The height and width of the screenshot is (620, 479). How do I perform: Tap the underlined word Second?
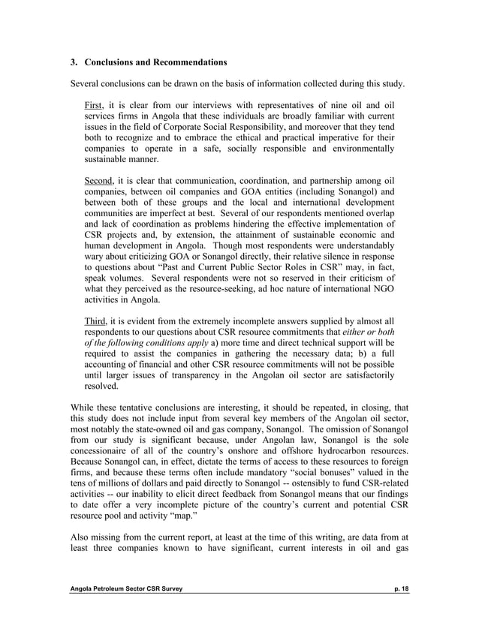[99, 180]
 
